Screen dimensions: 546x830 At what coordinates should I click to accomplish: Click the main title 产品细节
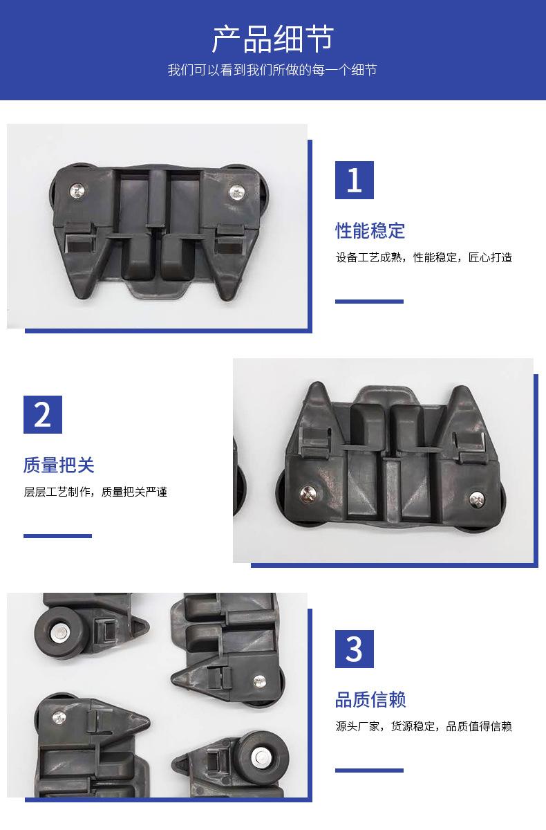[273, 39]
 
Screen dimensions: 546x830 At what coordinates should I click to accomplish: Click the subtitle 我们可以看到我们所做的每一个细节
[272, 70]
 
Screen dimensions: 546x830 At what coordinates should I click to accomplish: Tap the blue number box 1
[355, 180]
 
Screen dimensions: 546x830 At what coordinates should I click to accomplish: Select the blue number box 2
[43, 414]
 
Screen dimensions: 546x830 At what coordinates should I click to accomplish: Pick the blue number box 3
[355, 649]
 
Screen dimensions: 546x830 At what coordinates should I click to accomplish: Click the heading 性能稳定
[370, 231]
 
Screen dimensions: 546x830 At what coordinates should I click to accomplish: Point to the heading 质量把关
[59, 465]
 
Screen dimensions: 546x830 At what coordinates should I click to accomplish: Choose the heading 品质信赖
[370, 700]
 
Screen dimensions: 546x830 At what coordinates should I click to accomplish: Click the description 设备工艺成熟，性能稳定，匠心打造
[424, 257]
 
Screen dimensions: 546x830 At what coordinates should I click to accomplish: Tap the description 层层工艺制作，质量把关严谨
[95, 492]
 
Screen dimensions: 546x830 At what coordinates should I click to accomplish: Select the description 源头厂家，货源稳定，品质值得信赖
[424, 727]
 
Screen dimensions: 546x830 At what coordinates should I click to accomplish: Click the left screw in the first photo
[77, 191]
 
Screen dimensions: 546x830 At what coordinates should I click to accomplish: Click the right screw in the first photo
[237, 192]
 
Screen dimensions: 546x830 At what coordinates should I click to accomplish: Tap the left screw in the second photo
[308, 492]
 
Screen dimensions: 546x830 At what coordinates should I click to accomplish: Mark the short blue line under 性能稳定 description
[369, 302]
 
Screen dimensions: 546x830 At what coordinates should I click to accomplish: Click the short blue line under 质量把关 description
[57, 536]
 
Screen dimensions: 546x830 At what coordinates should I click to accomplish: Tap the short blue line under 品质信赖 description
[369, 771]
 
